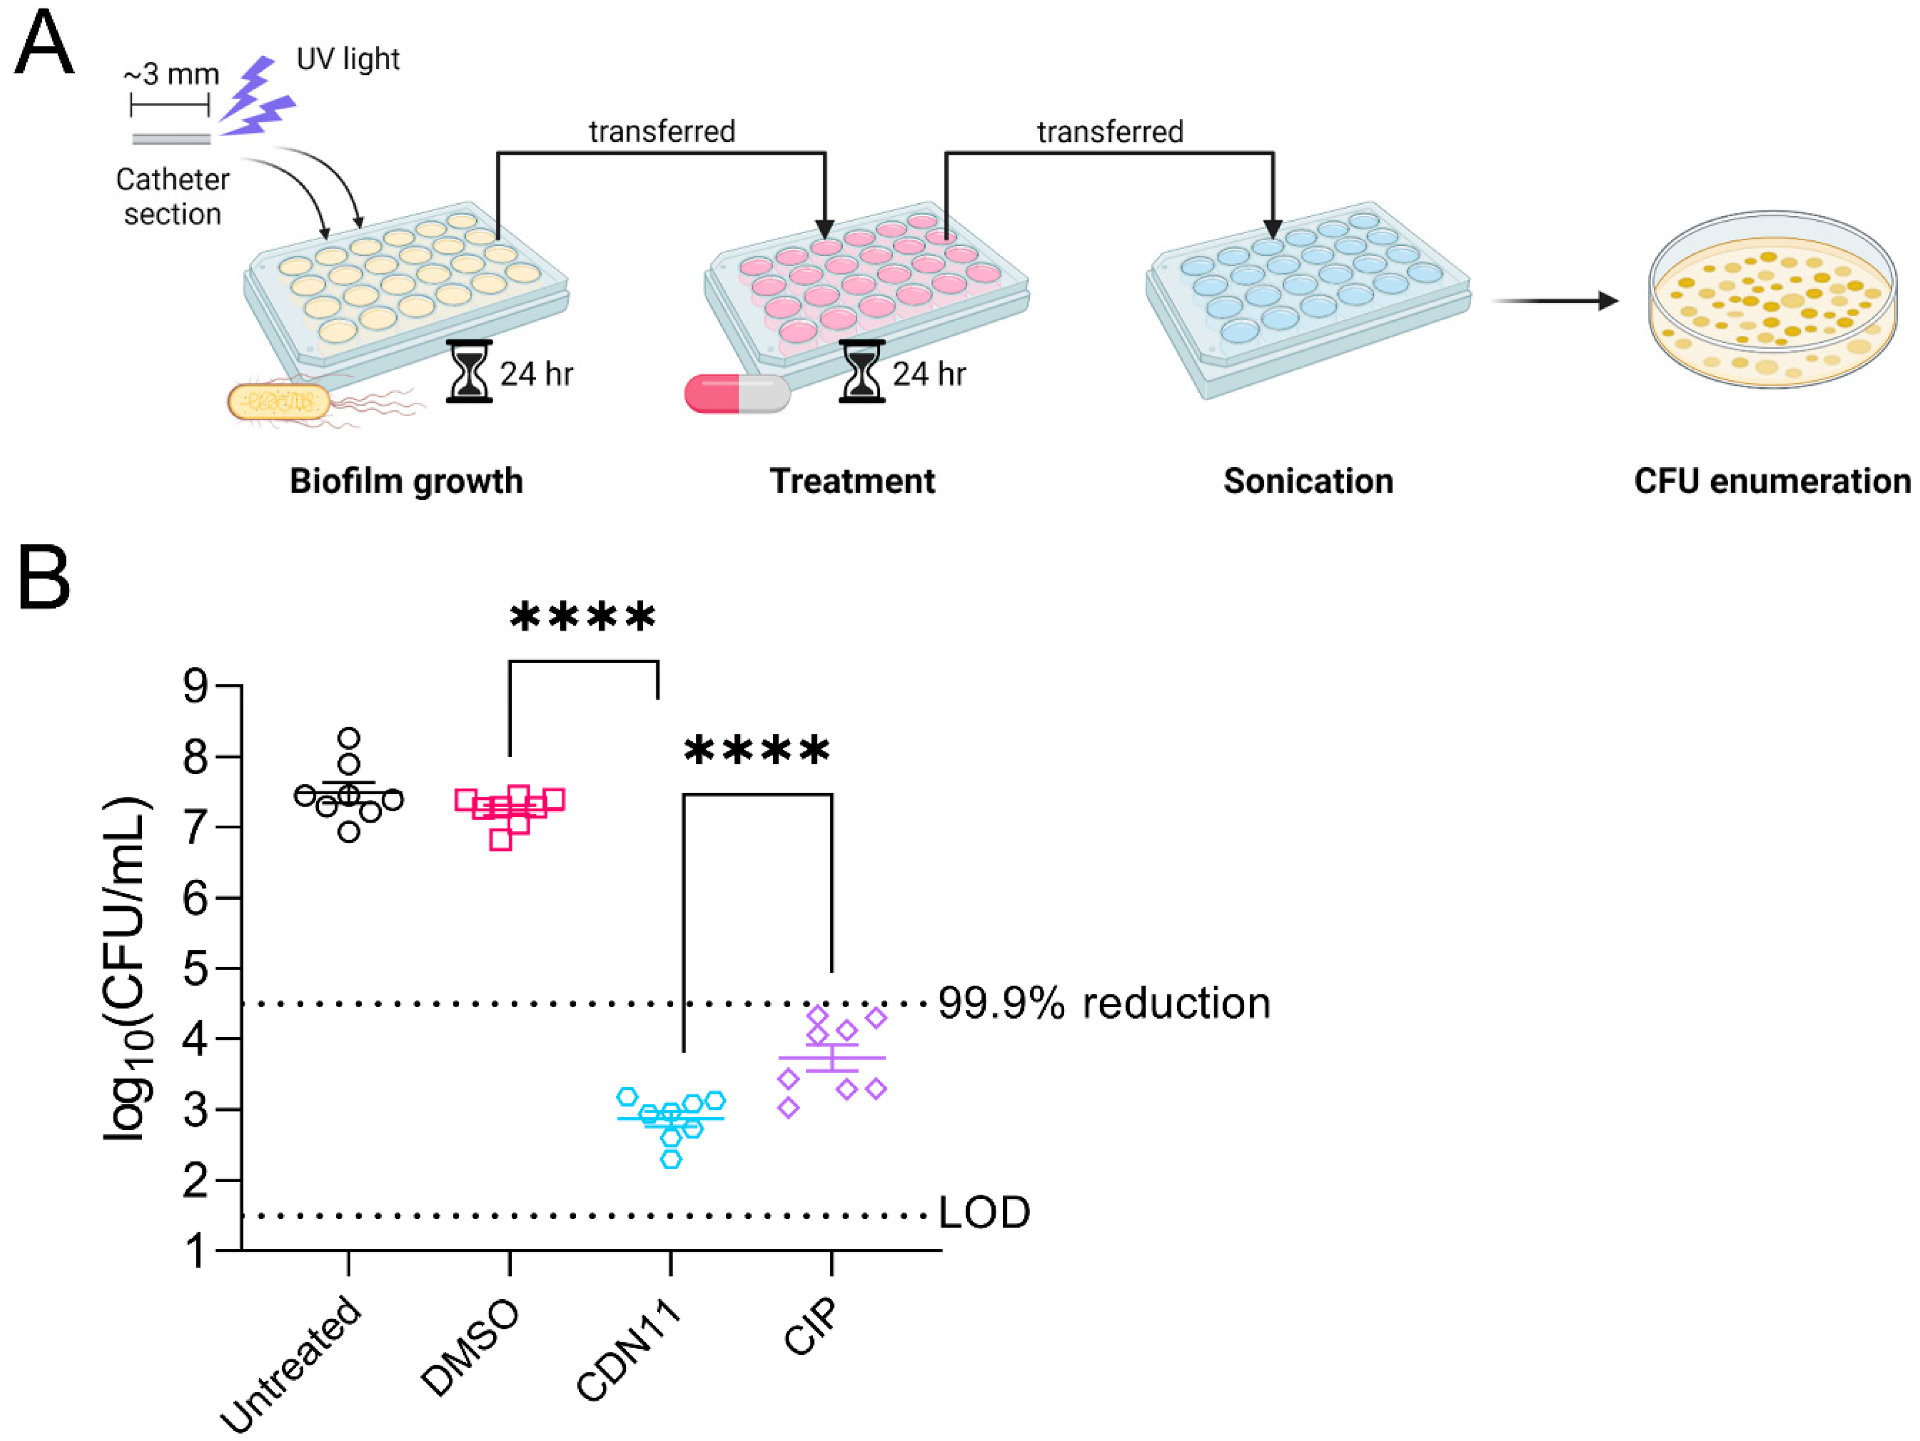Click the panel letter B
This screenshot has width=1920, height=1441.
(x=43, y=577)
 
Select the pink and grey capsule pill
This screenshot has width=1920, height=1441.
(x=737, y=393)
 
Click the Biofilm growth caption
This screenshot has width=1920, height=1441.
(x=406, y=481)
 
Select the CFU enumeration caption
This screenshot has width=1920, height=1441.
(x=1771, y=481)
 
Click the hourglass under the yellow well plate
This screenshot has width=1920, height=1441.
(x=469, y=371)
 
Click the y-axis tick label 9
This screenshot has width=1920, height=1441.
(x=196, y=686)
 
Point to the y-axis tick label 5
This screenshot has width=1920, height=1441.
(x=196, y=969)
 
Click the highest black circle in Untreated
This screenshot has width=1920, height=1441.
(x=349, y=739)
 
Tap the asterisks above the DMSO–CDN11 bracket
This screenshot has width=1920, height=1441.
(x=582, y=617)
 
